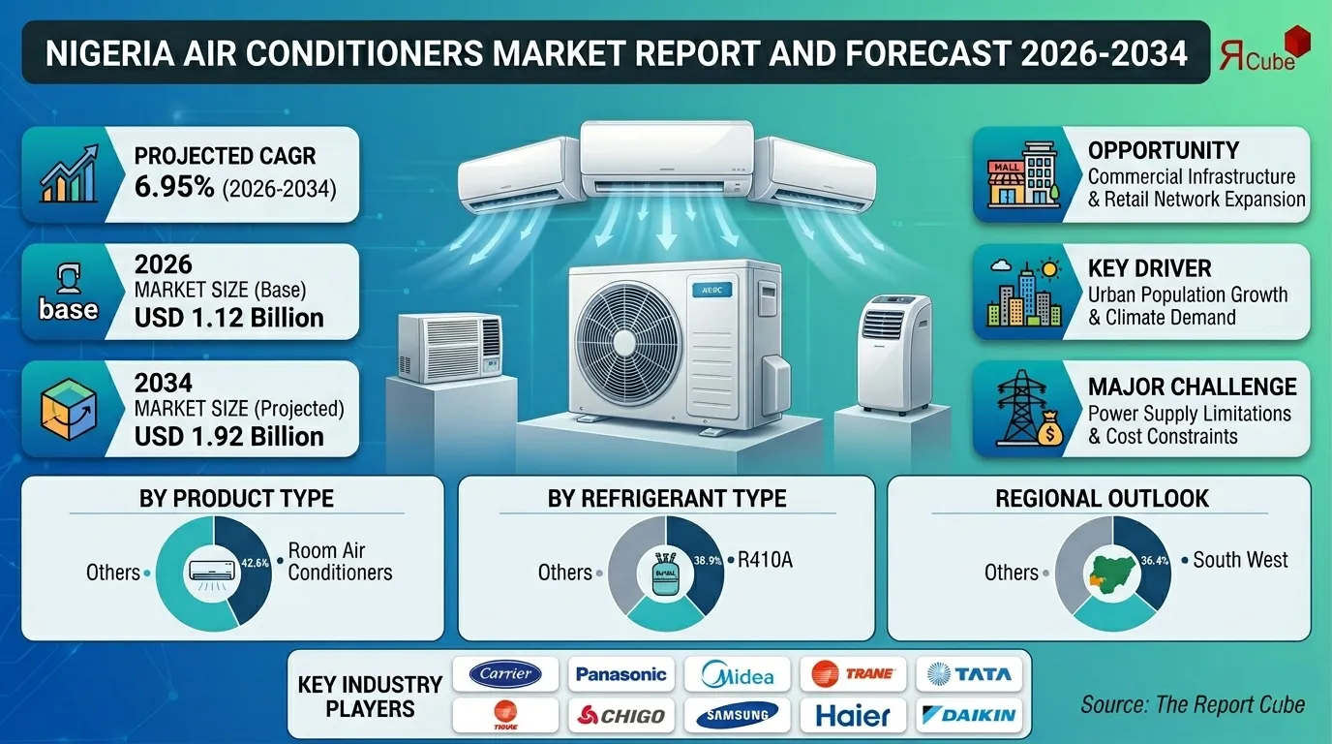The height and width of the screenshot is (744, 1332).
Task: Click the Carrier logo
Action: [x=505, y=673]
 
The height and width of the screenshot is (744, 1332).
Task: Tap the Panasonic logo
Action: [x=621, y=673]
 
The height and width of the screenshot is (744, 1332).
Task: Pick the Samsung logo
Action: [x=737, y=716]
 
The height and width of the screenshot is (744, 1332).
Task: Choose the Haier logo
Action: [x=852, y=716]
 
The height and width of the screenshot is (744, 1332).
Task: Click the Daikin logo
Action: [x=968, y=716]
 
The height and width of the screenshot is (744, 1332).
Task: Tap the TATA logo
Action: [x=968, y=673]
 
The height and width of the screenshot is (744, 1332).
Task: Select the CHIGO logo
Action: [x=621, y=716]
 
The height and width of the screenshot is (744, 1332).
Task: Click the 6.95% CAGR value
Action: [x=174, y=186]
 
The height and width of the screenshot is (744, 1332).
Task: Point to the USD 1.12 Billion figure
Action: [x=228, y=318]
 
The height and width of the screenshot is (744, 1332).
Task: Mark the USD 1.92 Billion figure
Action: [x=228, y=436]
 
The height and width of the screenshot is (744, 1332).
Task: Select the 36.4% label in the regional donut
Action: [x=1154, y=559]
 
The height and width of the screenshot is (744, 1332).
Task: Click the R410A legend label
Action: [x=765, y=560]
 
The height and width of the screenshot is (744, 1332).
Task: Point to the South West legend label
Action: [x=1240, y=560]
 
